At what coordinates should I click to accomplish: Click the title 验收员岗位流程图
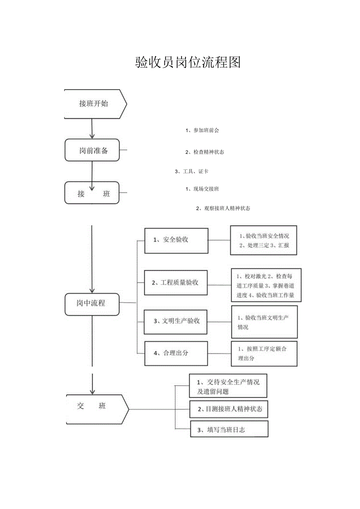[188, 62]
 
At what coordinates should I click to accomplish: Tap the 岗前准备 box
[92, 150]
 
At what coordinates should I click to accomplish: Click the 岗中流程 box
[92, 304]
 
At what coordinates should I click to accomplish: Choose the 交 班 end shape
[96, 409]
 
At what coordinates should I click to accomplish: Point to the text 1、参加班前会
[202, 130]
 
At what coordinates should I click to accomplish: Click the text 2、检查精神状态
[205, 152]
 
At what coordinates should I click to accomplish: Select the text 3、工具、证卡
[191, 171]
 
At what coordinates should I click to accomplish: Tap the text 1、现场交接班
[202, 189]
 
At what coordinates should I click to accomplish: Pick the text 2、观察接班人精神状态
[223, 209]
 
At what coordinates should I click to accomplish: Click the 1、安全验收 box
[176, 240]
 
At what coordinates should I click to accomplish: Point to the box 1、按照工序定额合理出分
[264, 354]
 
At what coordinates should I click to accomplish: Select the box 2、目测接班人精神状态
[229, 409]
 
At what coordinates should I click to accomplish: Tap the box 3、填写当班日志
[229, 429]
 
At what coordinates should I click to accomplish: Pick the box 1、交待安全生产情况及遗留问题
[228, 386]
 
